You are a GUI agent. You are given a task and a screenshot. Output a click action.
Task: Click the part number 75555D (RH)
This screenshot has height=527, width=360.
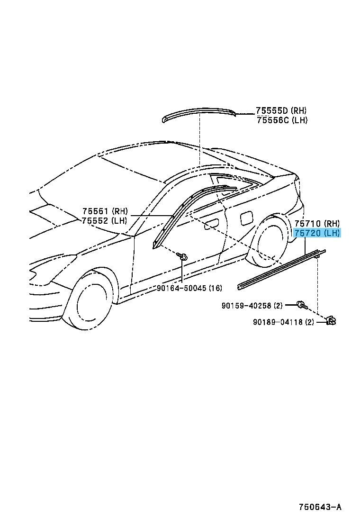[281, 110]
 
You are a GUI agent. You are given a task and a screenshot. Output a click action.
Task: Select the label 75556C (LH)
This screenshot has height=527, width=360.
[282, 119]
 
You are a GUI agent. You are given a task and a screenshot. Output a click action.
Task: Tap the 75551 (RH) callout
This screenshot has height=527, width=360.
[105, 211]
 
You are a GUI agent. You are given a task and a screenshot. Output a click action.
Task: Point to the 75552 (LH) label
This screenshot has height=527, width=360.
[104, 220]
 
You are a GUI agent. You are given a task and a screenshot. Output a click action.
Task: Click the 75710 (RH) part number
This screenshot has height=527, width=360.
[317, 223]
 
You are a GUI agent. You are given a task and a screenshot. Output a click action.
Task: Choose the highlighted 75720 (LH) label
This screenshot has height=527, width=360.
[317, 233]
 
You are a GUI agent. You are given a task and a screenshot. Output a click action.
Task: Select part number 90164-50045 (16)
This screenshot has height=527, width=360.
[189, 288]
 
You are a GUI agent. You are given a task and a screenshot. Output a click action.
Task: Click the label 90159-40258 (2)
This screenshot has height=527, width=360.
[252, 305]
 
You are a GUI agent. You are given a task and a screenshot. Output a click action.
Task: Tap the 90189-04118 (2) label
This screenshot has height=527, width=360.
[283, 322]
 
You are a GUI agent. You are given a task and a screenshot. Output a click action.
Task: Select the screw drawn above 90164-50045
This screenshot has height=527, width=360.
[183, 257]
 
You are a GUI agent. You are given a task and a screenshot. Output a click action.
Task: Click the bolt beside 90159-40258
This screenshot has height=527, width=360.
[302, 305]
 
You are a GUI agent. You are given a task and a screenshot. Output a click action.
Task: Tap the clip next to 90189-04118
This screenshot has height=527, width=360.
[331, 321]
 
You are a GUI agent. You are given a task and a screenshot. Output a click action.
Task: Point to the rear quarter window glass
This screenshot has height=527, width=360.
[235, 181]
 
